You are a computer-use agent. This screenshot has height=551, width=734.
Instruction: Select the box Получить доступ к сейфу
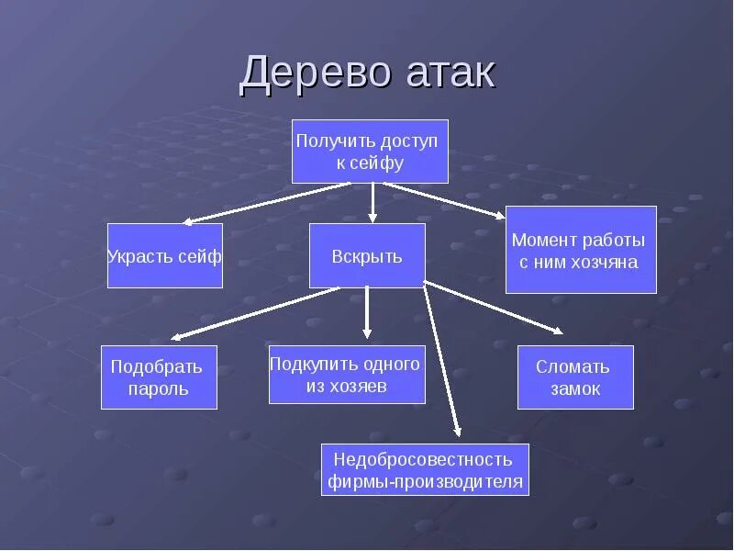click(x=370, y=152)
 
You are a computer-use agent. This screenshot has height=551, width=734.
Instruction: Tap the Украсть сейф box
click(x=165, y=256)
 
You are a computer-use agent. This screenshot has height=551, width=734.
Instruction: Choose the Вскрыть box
click(x=367, y=256)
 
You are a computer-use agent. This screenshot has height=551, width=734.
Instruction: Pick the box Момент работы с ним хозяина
click(x=581, y=250)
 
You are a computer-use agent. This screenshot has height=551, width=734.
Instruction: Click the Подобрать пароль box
click(x=159, y=377)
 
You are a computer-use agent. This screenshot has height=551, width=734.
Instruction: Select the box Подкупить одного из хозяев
click(x=347, y=375)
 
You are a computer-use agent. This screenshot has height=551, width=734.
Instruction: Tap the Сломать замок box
click(x=575, y=377)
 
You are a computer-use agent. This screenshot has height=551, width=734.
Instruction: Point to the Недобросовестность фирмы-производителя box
click(x=425, y=469)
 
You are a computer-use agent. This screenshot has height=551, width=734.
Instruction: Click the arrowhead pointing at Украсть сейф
click(x=187, y=221)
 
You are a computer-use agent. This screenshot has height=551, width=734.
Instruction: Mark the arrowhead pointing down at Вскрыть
click(x=373, y=218)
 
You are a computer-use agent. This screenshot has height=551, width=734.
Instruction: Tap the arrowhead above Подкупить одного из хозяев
click(x=367, y=334)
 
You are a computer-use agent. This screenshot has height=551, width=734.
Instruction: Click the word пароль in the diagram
click(x=159, y=388)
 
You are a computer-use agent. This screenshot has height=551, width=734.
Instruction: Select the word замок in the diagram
click(x=575, y=388)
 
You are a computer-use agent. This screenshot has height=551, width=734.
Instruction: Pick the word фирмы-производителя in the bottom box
click(x=425, y=481)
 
